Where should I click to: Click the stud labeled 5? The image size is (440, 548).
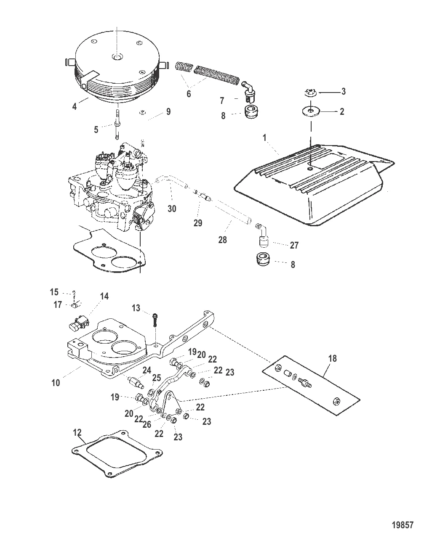pos(189,94)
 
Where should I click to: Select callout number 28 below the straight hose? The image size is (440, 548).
pos(222,240)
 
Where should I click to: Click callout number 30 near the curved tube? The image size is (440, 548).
pos(172,208)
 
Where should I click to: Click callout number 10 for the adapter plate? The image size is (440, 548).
pos(56,383)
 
